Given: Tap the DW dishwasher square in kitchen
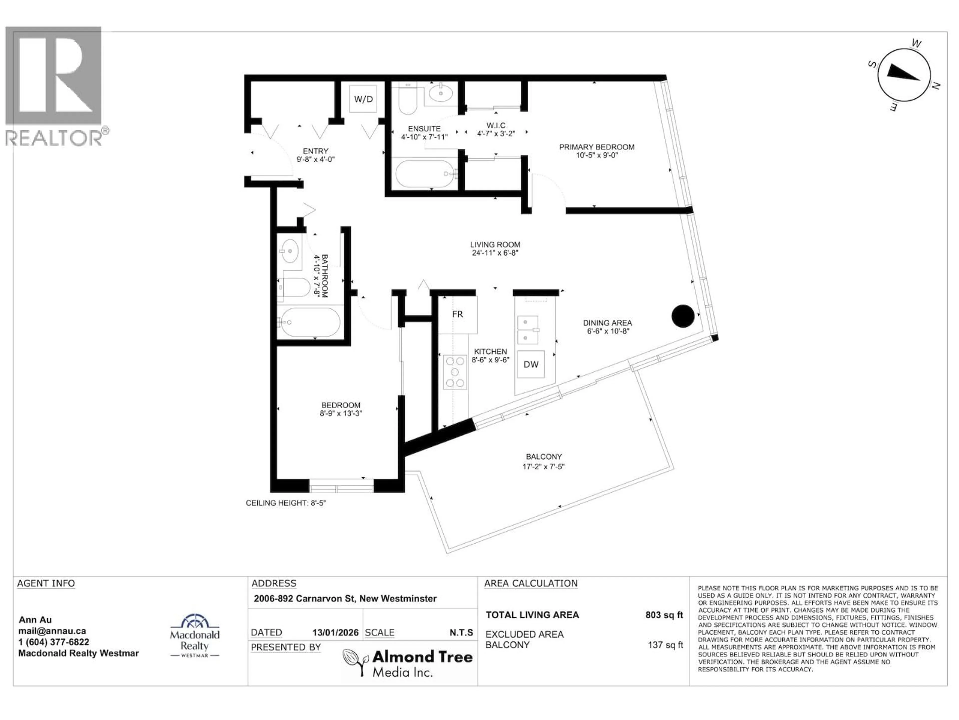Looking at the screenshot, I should click(x=531, y=364).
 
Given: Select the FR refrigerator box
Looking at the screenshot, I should click(x=457, y=315).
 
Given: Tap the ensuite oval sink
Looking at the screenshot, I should click(x=441, y=93).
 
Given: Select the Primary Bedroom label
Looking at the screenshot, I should click(x=597, y=147).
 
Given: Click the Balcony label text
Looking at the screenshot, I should click(x=544, y=456).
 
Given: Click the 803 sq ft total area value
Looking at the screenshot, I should click(x=664, y=615).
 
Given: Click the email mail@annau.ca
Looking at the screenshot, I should click(x=52, y=631).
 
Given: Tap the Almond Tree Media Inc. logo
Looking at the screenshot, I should click(x=408, y=663).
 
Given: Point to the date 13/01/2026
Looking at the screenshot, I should click(x=335, y=633).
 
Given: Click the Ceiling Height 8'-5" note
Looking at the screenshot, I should click(x=286, y=503).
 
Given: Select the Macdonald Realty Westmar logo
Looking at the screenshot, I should click(x=194, y=636).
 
